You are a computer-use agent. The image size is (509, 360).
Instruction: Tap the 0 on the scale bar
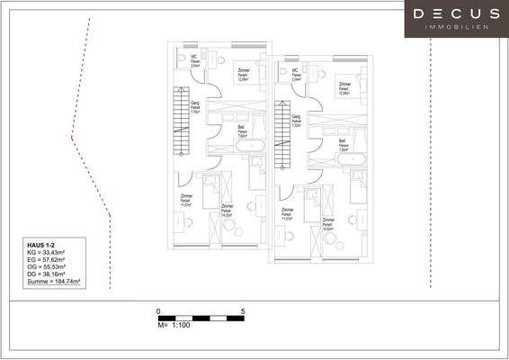pos(158,310)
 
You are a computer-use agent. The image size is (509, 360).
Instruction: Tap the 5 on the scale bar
pos(243,310)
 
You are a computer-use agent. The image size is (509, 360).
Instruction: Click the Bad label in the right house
pos(343,140)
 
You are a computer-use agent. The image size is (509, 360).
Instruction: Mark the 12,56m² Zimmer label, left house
pos(243,74)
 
